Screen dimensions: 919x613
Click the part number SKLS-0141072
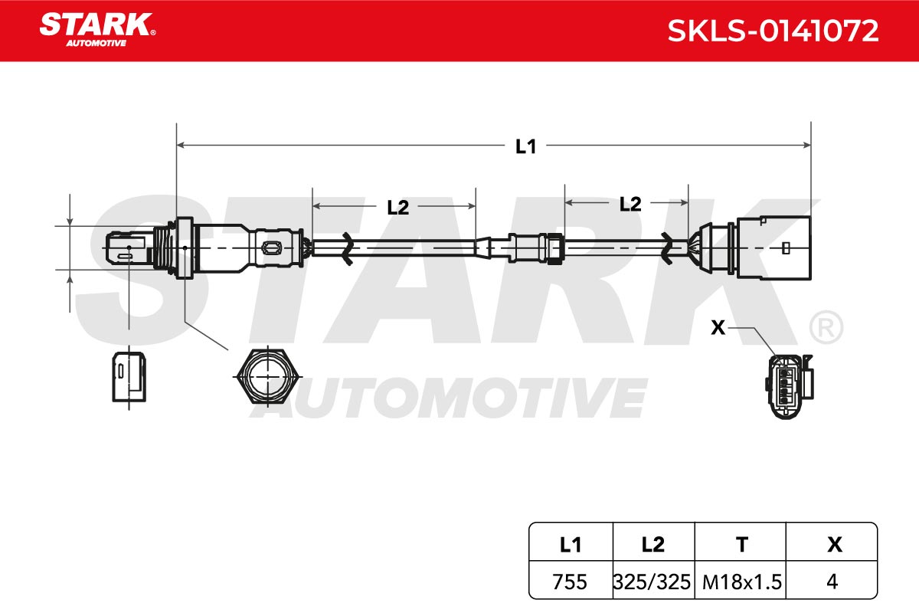point(773,31)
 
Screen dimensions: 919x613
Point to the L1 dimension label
point(525,146)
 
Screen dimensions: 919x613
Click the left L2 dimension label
point(398,208)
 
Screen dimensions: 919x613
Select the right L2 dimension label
point(630,204)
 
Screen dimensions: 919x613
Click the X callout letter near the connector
point(718,328)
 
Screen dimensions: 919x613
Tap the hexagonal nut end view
point(267,376)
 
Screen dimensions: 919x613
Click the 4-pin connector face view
point(789,387)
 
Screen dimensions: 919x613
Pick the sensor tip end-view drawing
point(129,376)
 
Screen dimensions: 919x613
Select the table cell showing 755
point(570,582)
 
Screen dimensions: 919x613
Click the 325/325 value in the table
point(652,582)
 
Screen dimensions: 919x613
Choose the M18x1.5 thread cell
point(742,582)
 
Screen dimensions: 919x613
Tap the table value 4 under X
point(832,582)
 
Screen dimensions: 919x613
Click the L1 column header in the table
point(571,546)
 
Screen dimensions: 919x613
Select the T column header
point(742,545)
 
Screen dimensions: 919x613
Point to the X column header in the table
point(835,545)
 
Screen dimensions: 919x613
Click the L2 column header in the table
point(652,545)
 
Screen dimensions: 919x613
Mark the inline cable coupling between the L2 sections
point(536,248)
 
